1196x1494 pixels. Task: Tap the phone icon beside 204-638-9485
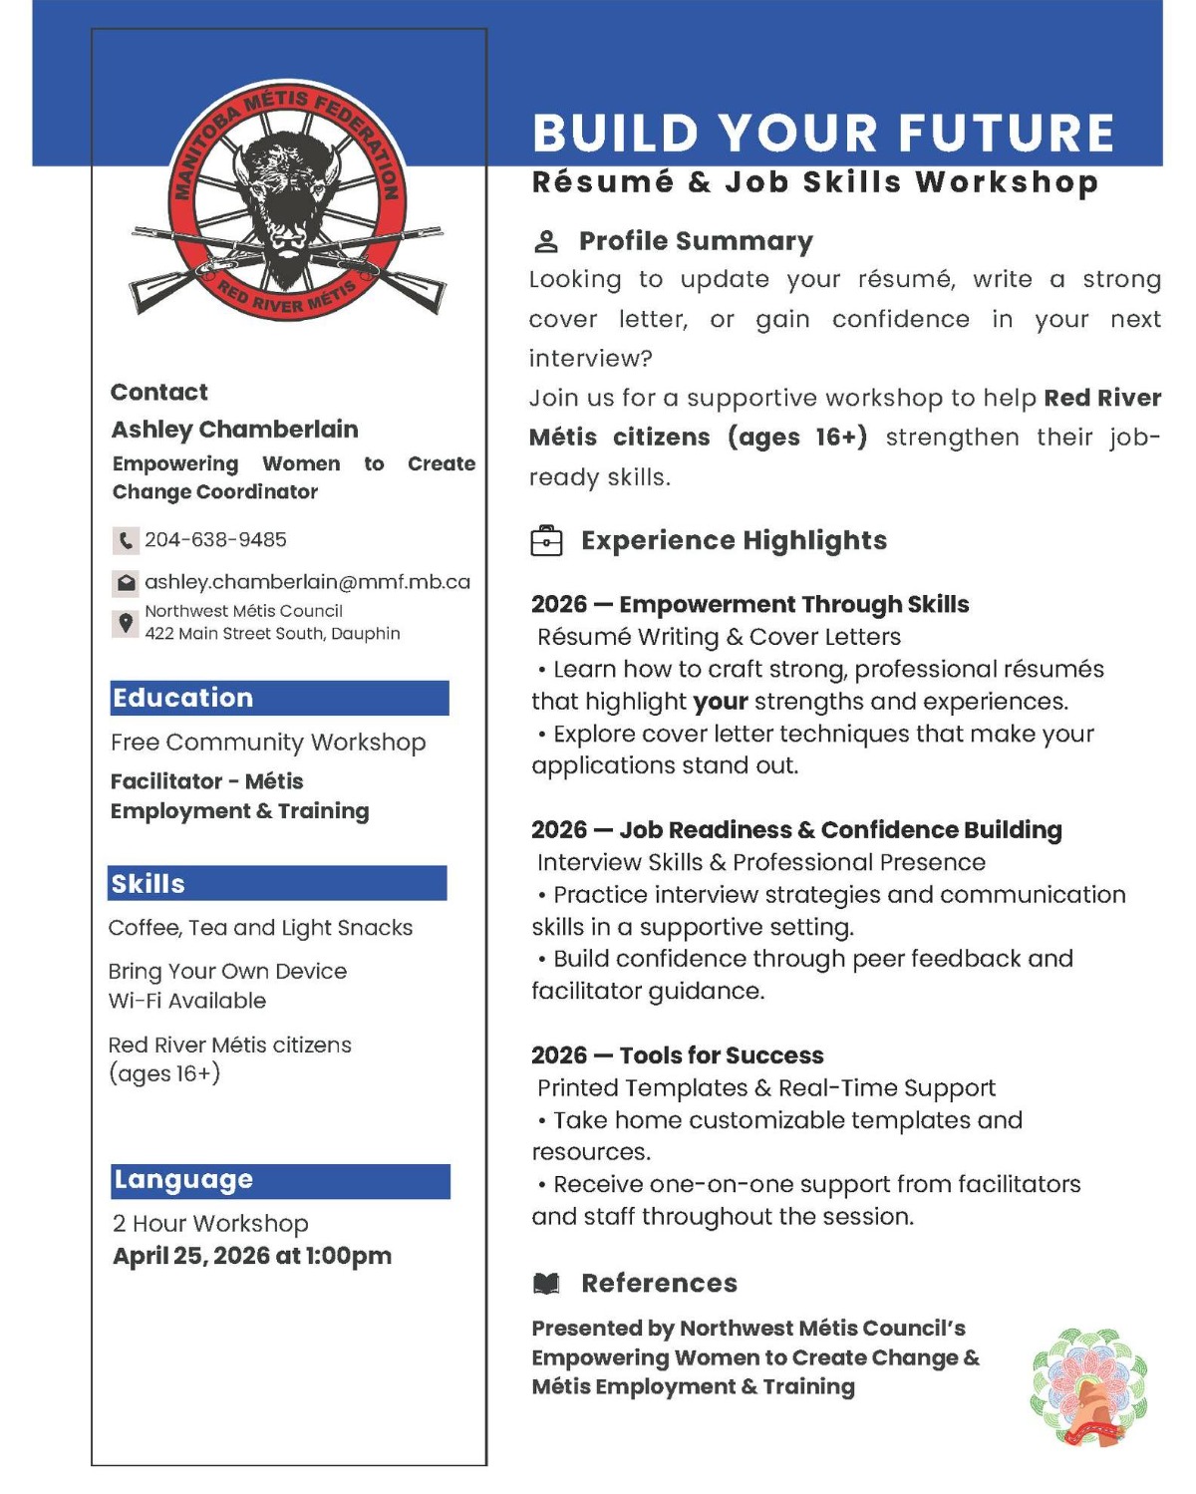click(125, 540)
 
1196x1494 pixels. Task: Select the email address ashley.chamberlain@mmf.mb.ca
click(307, 582)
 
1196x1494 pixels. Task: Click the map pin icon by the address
click(126, 624)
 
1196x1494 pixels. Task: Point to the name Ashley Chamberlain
click(234, 430)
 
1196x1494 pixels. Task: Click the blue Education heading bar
click(279, 698)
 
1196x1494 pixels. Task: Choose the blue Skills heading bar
click(277, 884)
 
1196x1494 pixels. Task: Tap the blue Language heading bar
click(280, 1181)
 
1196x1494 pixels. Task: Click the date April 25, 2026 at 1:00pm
click(252, 1256)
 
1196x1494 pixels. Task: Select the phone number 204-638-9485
click(215, 540)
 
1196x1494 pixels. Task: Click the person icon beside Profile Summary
click(546, 241)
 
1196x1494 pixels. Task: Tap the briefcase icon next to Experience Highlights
click(547, 540)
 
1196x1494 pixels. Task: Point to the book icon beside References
click(546, 1284)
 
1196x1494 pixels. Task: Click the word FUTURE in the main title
click(1007, 134)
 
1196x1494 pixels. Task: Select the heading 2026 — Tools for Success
click(678, 1055)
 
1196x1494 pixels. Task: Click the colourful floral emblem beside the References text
click(1088, 1386)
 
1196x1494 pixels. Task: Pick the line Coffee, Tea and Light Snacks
click(260, 928)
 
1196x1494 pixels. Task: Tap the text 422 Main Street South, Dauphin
click(272, 634)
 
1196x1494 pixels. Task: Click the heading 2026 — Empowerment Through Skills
click(749, 605)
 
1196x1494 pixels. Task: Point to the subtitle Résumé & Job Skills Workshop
click(814, 183)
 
